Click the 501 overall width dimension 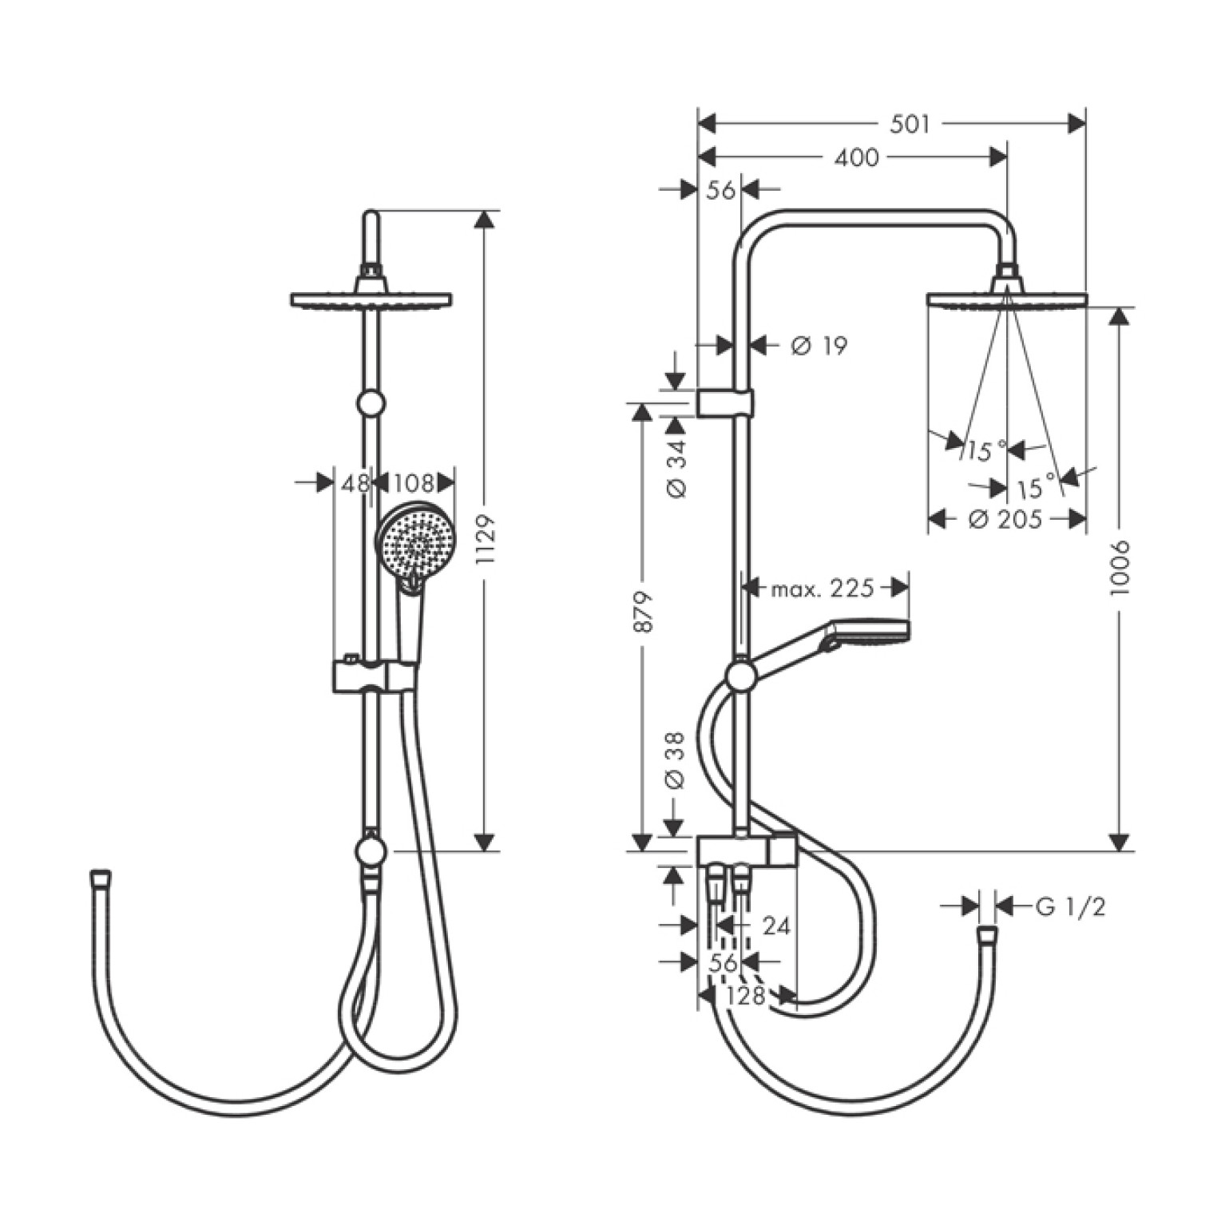pos(910,125)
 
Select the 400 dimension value pos(856,158)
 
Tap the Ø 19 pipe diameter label pos(819,346)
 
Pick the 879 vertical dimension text pos(643,612)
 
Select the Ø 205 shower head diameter pos(1005,520)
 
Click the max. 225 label pos(823,589)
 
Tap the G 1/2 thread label pos(1070,906)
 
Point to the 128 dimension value pos(747,996)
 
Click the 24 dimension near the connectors pos(776,926)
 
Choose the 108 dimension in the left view pos(414,483)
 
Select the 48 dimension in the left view pos(356,483)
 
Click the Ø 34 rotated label pos(676,468)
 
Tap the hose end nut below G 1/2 pos(987,934)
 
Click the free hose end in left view pos(101,877)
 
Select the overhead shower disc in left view pos(371,300)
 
